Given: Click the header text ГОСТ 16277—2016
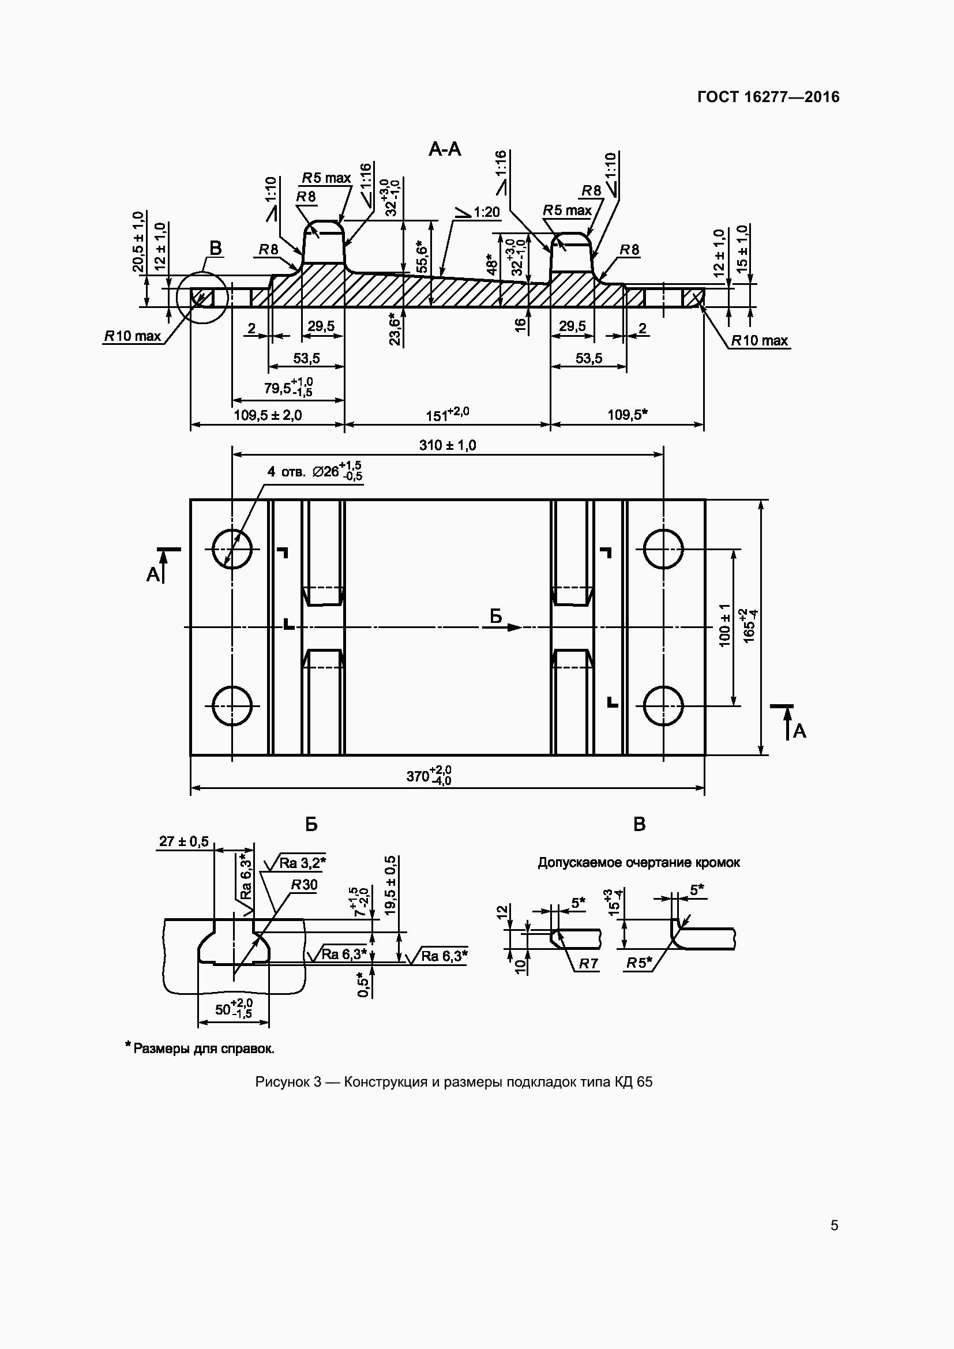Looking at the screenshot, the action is point(768,97).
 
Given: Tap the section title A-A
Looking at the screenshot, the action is point(445,149).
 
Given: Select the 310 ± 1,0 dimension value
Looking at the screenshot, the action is point(448,445).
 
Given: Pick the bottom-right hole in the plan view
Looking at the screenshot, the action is point(663,705).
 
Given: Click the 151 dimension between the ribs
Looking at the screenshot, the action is point(447,415).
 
